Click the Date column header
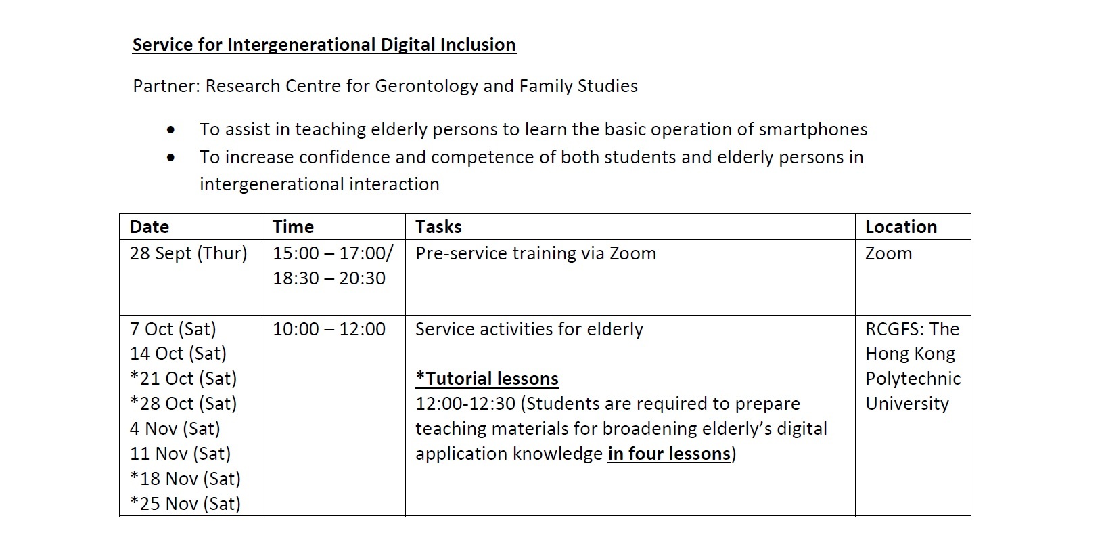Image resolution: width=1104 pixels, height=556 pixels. point(149,227)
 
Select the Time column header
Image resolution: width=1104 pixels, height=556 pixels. point(294,227)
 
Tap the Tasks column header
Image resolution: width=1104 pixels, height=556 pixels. point(438,227)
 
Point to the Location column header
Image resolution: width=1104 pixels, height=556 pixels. point(901,227)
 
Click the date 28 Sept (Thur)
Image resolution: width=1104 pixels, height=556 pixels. point(188,253)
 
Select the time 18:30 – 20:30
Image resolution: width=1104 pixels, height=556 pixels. point(329,278)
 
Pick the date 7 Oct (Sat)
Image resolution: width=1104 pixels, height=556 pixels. point(173,329)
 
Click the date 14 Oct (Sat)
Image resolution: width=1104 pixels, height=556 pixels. point(178,354)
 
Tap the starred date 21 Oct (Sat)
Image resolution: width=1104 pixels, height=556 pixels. point(183,379)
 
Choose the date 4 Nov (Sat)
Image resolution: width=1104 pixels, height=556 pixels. point(175,429)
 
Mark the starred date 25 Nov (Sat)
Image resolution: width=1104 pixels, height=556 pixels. point(185,504)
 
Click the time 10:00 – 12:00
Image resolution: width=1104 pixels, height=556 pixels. point(329,329)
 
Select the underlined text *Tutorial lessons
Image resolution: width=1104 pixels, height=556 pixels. point(487,379)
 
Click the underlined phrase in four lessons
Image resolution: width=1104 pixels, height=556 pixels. point(669,453)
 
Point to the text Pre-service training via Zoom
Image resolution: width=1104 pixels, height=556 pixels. point(536,253)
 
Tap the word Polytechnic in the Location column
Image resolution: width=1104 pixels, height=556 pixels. point(913,379)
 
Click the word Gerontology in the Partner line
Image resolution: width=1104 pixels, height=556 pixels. point(427,86)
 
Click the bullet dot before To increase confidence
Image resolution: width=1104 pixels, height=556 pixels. point(171,158)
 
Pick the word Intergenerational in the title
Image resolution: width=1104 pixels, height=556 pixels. point(302,45)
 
